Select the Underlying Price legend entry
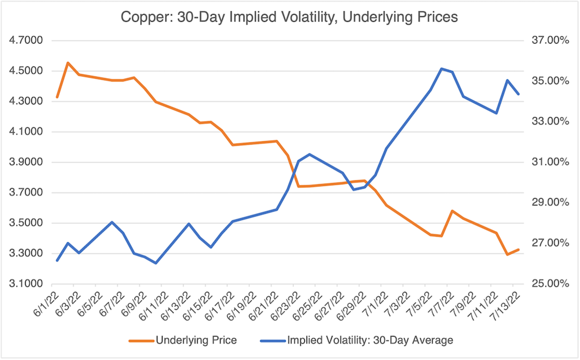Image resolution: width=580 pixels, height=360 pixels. (196, 340)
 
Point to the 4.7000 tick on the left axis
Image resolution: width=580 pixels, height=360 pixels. (26, 40)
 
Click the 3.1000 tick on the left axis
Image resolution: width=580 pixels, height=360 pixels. (26, 284)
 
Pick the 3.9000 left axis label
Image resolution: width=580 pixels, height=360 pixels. (26, 162)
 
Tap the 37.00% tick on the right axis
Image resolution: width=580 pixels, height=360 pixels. (550, 40)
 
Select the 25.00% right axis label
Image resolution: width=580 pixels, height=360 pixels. (550, 284)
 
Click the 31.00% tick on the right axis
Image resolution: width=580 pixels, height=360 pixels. (550, 162)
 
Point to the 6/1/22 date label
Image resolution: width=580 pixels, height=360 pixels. (46, 304)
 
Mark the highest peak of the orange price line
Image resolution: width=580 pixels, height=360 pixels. (68, 63)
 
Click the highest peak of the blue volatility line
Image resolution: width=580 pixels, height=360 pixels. (441, 69)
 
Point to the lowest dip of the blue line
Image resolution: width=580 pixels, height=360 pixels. (156, 263)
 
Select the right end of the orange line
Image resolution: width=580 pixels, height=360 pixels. (518, 249)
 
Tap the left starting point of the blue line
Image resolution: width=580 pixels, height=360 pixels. (57, 261)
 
